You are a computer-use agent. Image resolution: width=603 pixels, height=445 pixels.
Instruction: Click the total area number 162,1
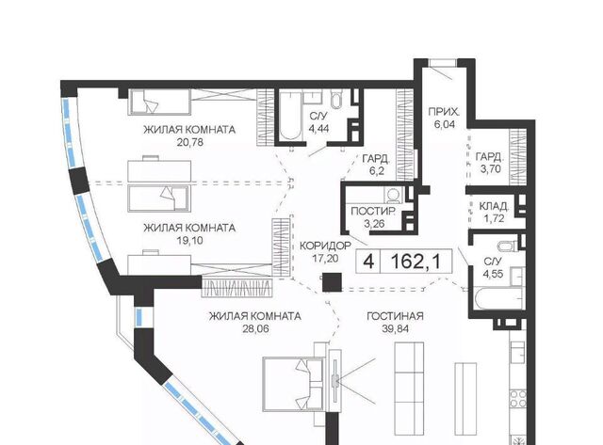(415, 262)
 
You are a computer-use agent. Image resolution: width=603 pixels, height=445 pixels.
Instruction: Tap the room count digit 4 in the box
(368, 262)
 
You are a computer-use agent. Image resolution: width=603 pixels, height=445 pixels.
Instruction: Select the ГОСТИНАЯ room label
(395, 316)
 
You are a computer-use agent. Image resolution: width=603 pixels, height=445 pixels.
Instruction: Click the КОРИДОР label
(325, 246)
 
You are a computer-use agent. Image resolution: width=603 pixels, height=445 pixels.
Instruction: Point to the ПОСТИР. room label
(373, 211)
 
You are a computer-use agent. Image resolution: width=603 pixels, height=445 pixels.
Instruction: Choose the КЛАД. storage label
(494, 207)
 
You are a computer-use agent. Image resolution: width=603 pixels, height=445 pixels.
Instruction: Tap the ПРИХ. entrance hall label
(444, 112)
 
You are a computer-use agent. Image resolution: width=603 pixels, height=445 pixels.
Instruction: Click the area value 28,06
(255, 328)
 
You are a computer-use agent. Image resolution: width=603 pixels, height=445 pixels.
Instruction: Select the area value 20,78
(189, 142)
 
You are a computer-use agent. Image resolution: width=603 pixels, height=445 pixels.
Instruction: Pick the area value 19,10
(189, 241)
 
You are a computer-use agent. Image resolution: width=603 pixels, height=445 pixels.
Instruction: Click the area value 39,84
(395, 328)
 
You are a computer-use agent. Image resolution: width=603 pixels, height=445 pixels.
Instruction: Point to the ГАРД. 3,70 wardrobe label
(490, 163)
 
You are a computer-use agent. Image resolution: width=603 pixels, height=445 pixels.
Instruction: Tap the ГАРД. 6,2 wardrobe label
(377, 165)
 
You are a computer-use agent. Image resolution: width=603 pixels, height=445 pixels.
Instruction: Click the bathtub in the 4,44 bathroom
(291, 117)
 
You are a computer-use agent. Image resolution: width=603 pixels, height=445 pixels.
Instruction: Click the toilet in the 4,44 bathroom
(335, 100)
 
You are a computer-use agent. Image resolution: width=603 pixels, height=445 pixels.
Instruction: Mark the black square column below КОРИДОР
(332, 282)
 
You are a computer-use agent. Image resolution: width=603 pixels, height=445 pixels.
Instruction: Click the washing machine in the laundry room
(393, 196)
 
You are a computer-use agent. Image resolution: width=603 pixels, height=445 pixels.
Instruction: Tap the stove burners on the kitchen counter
(517, 398)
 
